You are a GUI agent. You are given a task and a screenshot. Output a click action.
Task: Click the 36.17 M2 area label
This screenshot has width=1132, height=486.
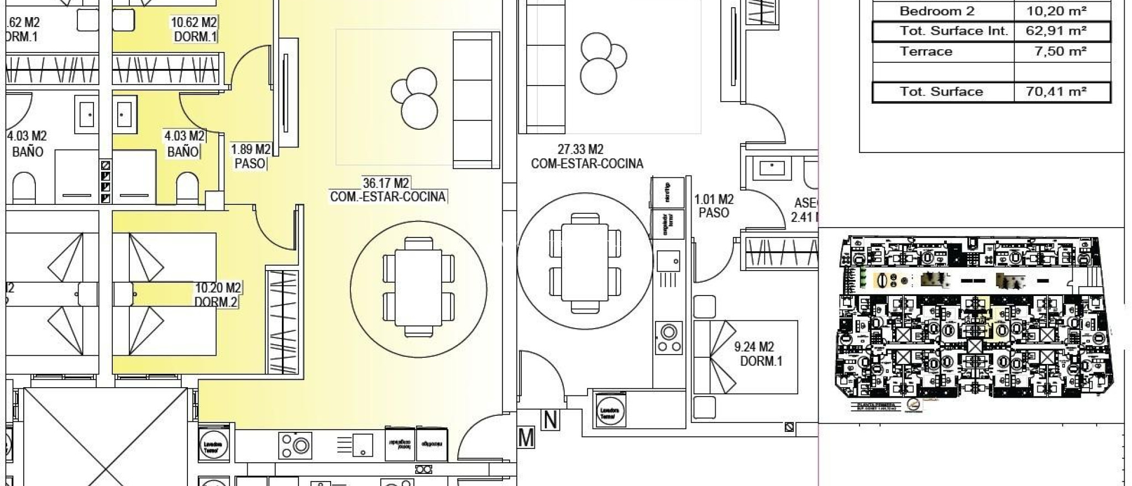pos(386,183)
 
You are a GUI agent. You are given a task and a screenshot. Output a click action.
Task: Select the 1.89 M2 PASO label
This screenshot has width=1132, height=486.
pos(250,156)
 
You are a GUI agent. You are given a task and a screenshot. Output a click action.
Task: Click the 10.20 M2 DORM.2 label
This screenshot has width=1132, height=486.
pos(218,295)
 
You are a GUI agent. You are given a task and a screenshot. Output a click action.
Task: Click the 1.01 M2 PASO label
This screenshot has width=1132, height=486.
pos(714,206)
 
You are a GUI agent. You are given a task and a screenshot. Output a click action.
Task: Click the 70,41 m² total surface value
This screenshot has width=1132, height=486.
pos(1056,92)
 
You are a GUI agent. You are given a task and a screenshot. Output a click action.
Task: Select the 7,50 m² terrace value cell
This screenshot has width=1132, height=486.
pos(1060,52)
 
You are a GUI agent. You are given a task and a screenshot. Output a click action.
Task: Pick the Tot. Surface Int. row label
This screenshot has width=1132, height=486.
pos(953,31)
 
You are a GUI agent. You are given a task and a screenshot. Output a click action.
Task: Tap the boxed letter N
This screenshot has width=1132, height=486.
pos(551,420)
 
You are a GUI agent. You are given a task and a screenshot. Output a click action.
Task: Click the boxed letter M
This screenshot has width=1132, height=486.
pos(526,438)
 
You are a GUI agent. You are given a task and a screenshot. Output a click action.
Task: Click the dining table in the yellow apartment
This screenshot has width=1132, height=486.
pos(418,287)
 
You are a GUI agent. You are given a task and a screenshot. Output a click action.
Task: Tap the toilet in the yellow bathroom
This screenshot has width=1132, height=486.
pos(187,189)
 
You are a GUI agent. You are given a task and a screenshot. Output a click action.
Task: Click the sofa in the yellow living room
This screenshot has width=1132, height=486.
pos(476,99)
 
